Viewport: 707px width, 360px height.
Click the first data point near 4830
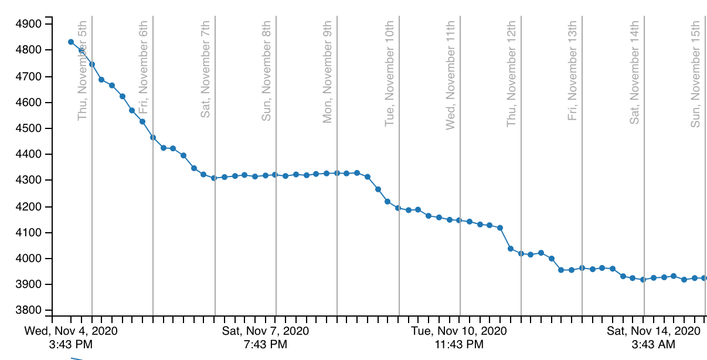coord(71,42)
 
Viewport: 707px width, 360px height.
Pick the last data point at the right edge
coord(704,278)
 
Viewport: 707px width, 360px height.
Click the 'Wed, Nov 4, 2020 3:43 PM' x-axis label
coord(71,337)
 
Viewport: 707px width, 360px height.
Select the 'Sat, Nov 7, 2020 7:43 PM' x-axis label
coord(266,337)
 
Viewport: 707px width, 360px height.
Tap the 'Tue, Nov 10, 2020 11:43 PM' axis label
coord(459,337)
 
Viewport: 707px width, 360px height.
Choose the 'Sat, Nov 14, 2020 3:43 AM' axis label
coord(654,337)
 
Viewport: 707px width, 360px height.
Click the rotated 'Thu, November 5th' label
coord(82,70)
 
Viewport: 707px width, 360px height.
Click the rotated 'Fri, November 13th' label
coord(573,70)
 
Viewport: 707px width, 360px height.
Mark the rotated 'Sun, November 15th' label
coord(696,73)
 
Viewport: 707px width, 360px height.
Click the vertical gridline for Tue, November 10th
coord(399,264)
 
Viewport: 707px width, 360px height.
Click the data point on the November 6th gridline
coord(153,137)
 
